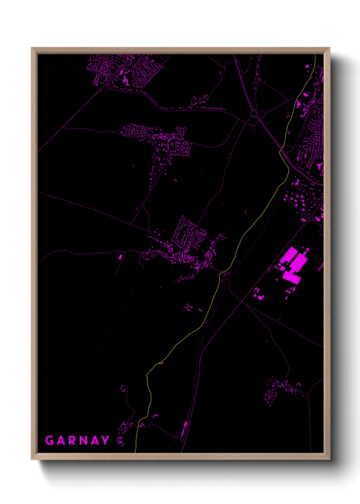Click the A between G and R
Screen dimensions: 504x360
[61, 440]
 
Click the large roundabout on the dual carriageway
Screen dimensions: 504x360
[253, 113]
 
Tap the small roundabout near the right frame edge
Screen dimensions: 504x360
[310, 219]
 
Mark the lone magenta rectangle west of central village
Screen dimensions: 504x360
[120, 256]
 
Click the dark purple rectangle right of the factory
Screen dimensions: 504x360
[319, 266]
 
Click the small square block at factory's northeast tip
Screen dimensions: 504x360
[308, 249]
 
